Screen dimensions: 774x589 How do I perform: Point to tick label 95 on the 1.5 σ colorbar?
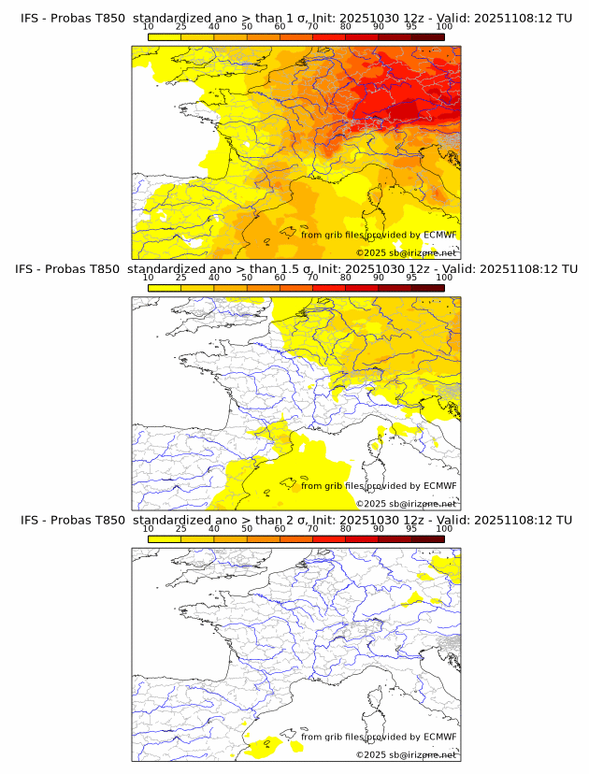click(x=411, y=278)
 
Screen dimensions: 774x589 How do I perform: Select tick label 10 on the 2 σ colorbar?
click(x=148, y=528)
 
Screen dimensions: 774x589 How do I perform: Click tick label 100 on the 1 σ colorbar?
click(x=444, y=27)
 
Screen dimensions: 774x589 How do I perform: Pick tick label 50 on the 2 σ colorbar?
click(x=247, y=528)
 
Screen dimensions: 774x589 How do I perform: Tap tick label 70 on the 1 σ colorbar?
click(x=312, y=27)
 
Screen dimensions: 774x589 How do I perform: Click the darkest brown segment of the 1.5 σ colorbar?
click(x=427, y=288)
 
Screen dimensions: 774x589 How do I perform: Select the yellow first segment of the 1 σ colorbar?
click(x=164, y=37)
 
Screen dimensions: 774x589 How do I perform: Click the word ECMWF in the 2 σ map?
click(x=439, y=737)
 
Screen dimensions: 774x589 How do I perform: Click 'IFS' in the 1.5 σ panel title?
click(x=29, y=269)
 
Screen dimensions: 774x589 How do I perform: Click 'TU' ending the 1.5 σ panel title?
click(x=564, y=269)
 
